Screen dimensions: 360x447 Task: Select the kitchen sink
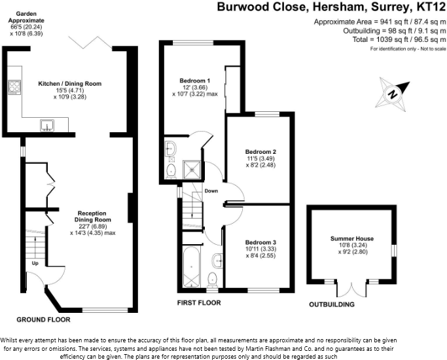[46, 125]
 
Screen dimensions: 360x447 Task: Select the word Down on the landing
[211, 191]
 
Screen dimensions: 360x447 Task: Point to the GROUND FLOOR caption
[43, 319]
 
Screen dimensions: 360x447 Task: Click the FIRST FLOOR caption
[199, 303]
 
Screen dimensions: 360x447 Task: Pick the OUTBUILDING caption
[332, 304]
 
